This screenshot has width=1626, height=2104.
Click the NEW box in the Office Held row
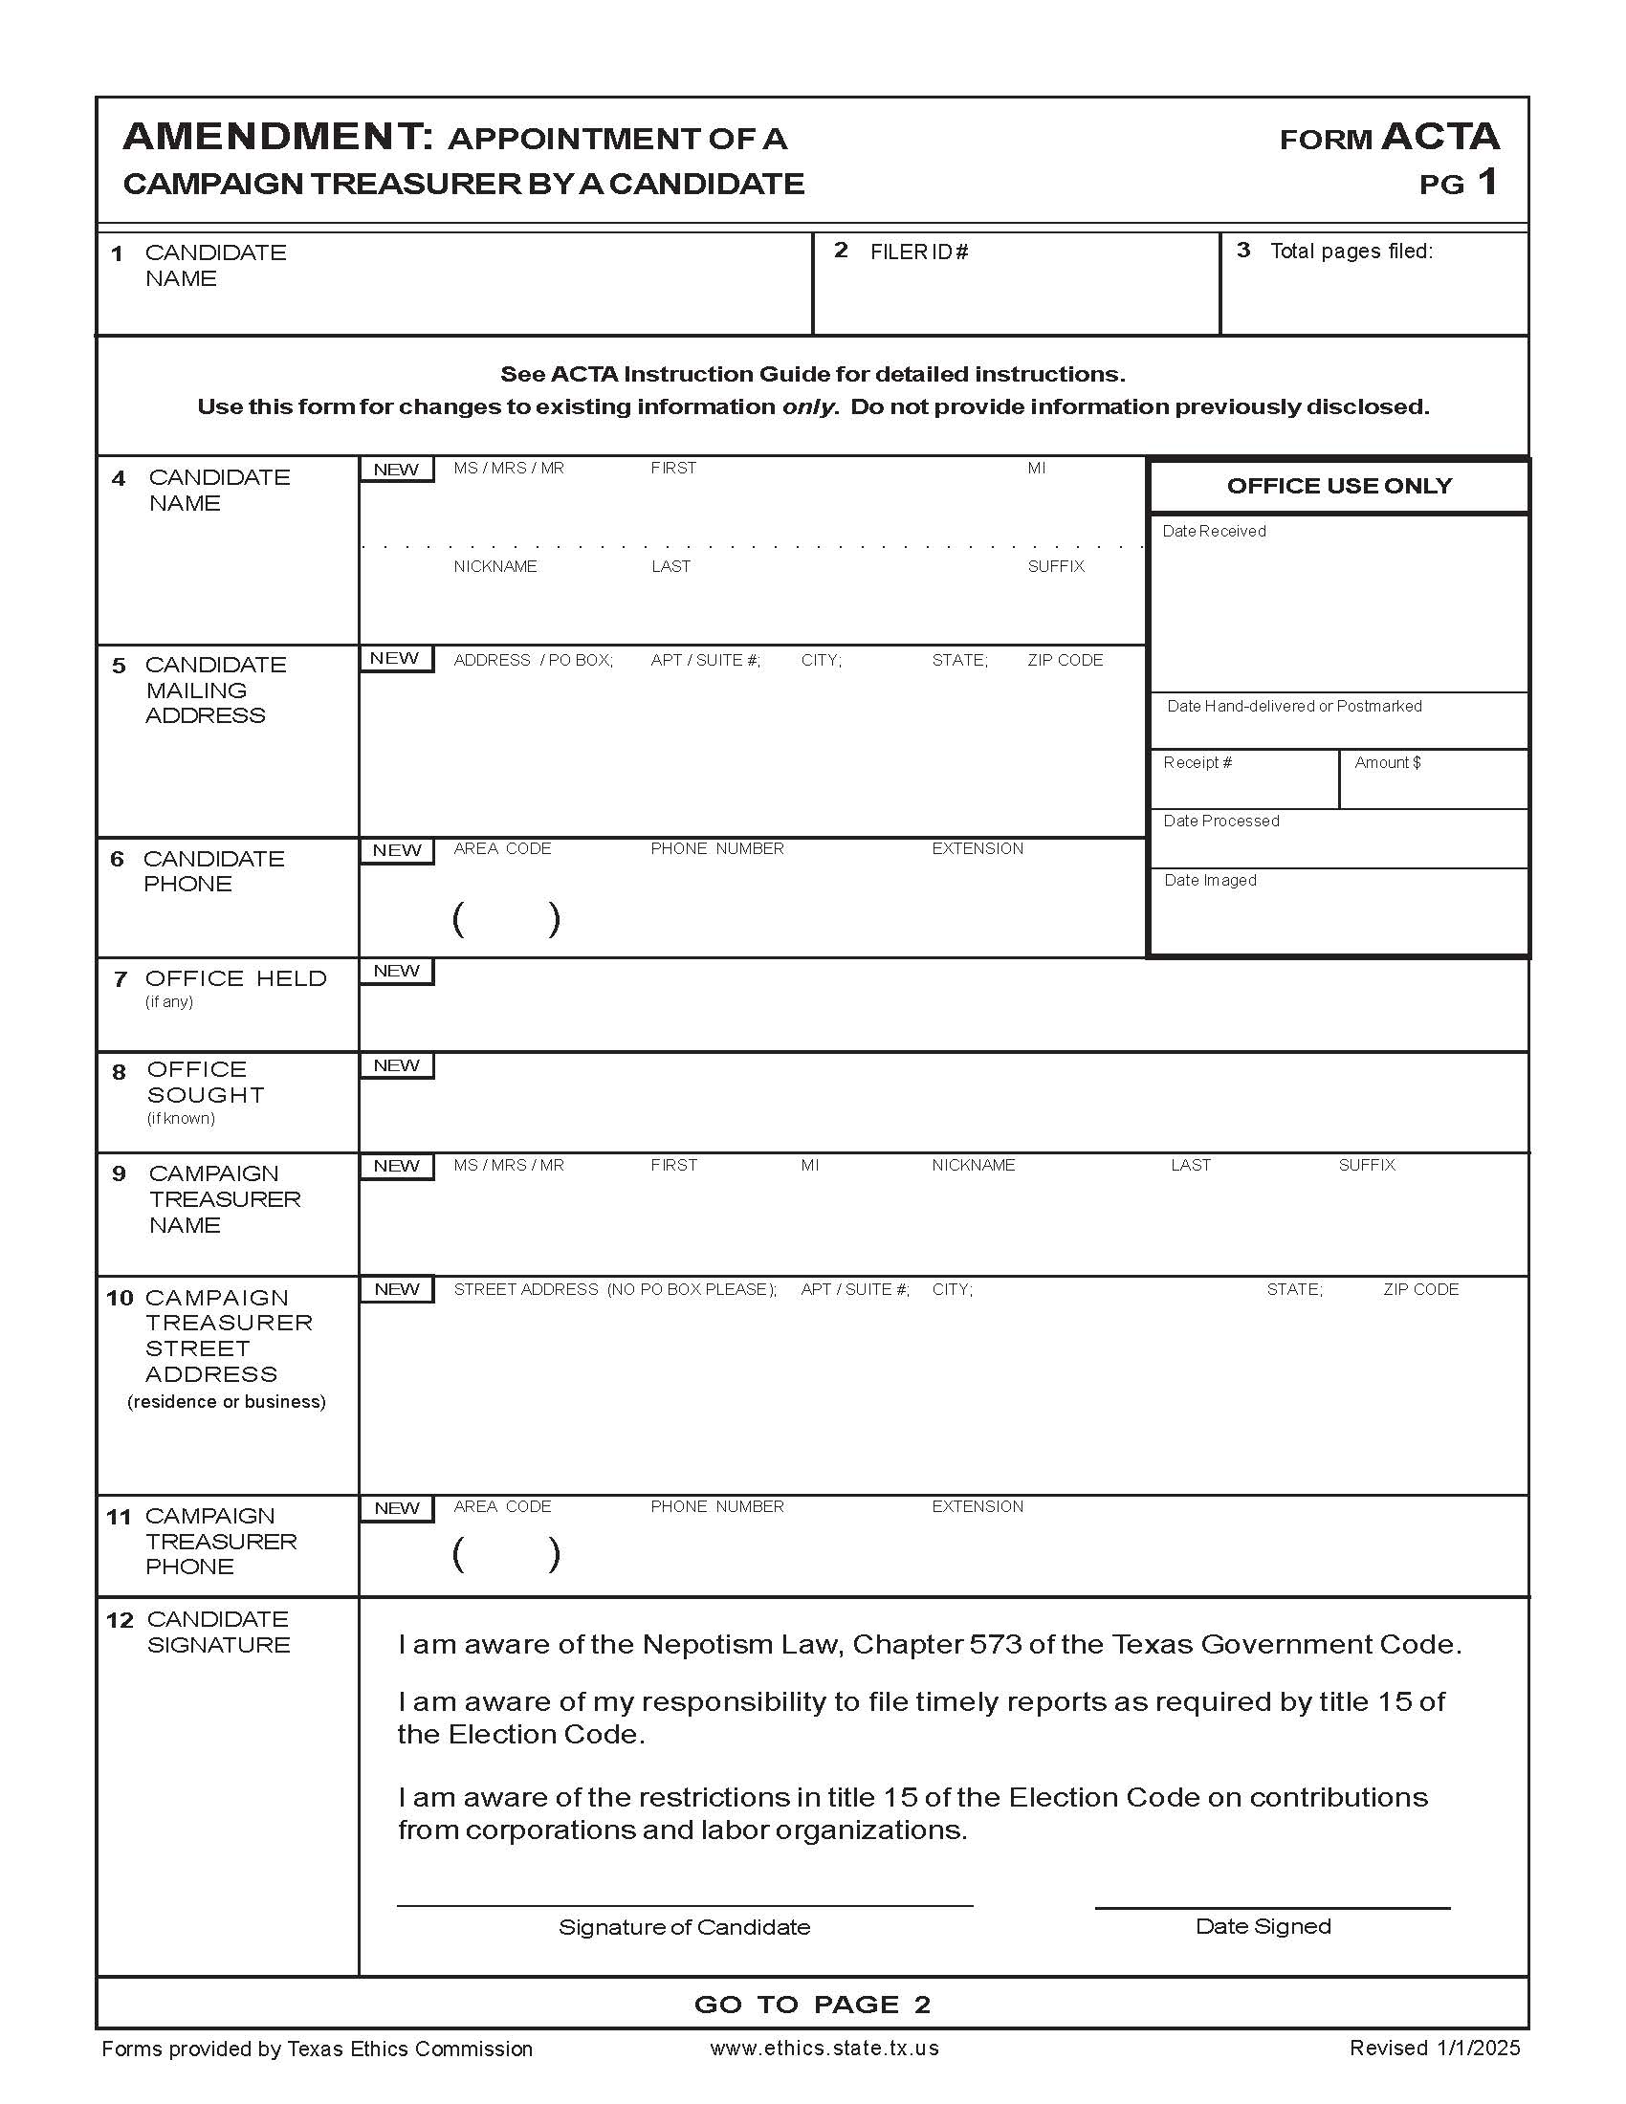coord(396,971)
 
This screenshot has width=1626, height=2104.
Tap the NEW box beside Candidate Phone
coord(396,850)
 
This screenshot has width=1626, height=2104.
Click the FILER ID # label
coord(919,252)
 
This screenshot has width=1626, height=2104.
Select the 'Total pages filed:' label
coord(1351,252)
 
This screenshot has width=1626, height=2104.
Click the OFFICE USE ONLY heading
coord(1339,486)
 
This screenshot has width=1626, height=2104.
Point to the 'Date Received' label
coord(1214,531)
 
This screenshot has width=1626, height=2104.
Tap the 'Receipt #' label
coord(1198,762)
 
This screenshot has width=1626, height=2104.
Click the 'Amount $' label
coord(1387,762)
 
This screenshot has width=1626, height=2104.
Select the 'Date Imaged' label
coord(1210,880)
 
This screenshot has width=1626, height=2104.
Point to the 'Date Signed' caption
coord(1263,1926)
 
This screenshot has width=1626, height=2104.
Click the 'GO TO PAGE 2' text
coord(812,2005)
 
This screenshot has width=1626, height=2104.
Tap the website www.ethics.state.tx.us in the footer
coord(824,2049)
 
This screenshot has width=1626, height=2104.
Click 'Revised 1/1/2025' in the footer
coord(1435,2049)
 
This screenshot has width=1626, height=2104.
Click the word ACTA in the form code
coord(1440,137)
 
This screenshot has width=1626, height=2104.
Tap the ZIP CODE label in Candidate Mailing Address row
coord(1065,660)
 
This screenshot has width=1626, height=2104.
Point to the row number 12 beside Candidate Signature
coord(120,1620)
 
